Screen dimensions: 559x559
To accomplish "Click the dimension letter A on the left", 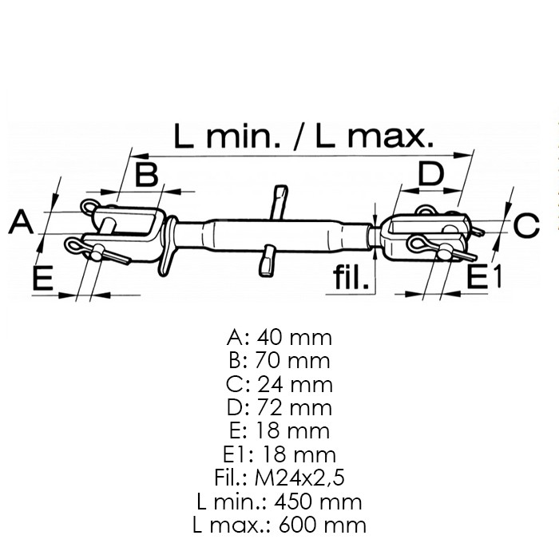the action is tap(22, 222).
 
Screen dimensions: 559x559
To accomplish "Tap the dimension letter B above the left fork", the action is tap(146, 174).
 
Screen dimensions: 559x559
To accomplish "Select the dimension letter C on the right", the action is tap(526, 225).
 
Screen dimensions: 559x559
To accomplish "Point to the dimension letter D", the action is tap(431, 173).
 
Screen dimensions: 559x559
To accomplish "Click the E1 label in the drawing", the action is tap(484, 276).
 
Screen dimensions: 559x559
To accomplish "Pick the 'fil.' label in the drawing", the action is tap(351, 277).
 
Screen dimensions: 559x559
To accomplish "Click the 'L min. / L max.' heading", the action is tap(303, 136).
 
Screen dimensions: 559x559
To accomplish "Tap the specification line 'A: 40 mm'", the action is tap(279, 337).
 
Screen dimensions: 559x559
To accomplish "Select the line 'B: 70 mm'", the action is tap(279, 360).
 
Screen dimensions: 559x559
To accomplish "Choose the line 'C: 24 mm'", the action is tap(279, 384).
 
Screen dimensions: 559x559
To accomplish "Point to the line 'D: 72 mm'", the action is tap(279, 407).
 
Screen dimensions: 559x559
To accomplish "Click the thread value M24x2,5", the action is tap(299, 478).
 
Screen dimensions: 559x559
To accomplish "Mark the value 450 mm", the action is tap(318, 502).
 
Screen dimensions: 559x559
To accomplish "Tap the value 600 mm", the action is tap(323, 525).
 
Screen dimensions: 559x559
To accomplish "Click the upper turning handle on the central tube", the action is tap(279, 203).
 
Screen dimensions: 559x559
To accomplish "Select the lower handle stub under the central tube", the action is tap(268, 261).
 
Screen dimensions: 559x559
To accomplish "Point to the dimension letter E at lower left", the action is tap(43, 277).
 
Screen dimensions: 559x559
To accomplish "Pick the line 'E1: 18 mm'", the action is tap(279, 454).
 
